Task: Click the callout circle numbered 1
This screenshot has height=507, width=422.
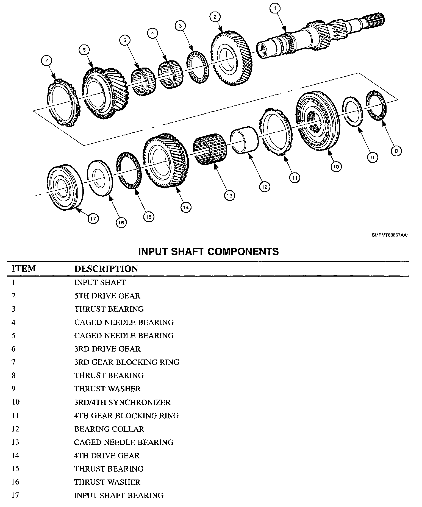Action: (x=275, y=9)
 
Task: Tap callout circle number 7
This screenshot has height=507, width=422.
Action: (x=46, y=61)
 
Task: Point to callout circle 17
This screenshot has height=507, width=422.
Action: (x=93, y=219)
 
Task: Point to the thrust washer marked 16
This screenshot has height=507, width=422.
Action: (x=100, y=178)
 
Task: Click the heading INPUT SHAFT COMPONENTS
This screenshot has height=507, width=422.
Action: (x=209, y=251)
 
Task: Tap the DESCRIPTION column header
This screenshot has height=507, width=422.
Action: (x=106, y=269)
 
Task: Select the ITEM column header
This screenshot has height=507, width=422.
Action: (x=24, y=268)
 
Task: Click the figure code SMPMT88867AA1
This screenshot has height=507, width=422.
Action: (x=390, y=235)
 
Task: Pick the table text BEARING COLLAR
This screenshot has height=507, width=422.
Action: (x=109, y=429)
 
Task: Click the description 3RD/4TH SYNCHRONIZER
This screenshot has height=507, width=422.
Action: (x=122, y=402)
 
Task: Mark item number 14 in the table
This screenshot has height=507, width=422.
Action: (x=15, y=455)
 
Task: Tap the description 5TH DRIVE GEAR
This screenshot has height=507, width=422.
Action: (x=107, y=296)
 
